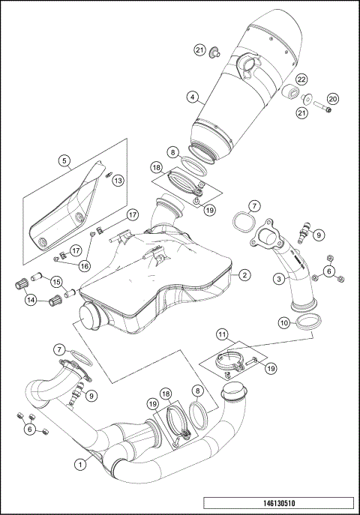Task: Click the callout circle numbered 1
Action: pos(79,464)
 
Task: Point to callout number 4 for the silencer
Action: pos(193,97)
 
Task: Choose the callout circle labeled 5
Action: pos(65,160)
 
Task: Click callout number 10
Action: pos(283,322)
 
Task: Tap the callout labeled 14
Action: pos(31,300)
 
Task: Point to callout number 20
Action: pos(333,98)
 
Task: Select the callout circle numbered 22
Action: pos(301,79)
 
